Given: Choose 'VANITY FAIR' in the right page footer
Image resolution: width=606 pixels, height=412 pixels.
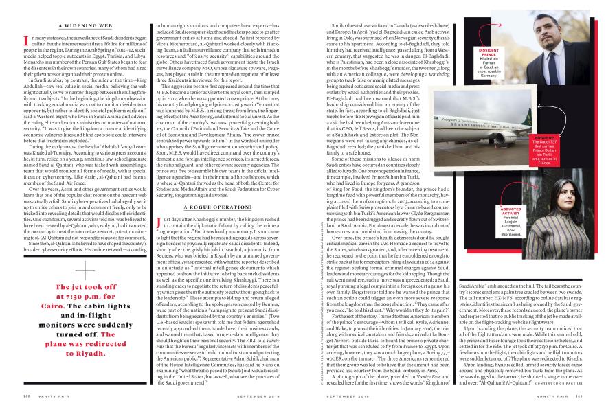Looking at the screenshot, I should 550,394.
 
